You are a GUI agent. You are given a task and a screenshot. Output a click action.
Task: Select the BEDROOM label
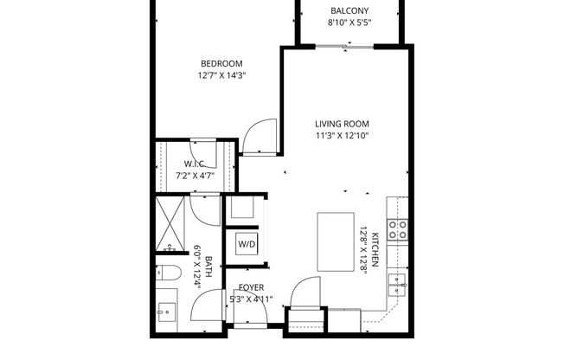pyautogui.click(x=221, y=63)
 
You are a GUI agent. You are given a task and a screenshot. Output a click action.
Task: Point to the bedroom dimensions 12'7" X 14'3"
pyautogui.click(x=221, y=76)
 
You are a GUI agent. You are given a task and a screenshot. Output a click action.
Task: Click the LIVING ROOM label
pyautogui.click(x=343, y=122)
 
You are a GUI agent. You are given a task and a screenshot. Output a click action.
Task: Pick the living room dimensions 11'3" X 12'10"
pyautogui.click(x=343, y=135)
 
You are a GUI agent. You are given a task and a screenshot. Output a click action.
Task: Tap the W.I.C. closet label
pyautogui.click(x=194, y=164)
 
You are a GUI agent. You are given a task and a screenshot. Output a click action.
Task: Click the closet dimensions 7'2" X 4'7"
pyautogui.click(x=194, y=176)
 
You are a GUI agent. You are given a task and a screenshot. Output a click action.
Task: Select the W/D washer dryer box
pyautogui.click(x=247, y=244)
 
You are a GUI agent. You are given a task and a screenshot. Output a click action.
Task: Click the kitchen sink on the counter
pyautogui.click(x=396, y=280)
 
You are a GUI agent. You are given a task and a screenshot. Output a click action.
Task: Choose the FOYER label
pyautogui.click(x=251, y=287)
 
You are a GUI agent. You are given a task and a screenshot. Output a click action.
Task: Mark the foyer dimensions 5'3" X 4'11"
pyautogui.click(x=251, y=299)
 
